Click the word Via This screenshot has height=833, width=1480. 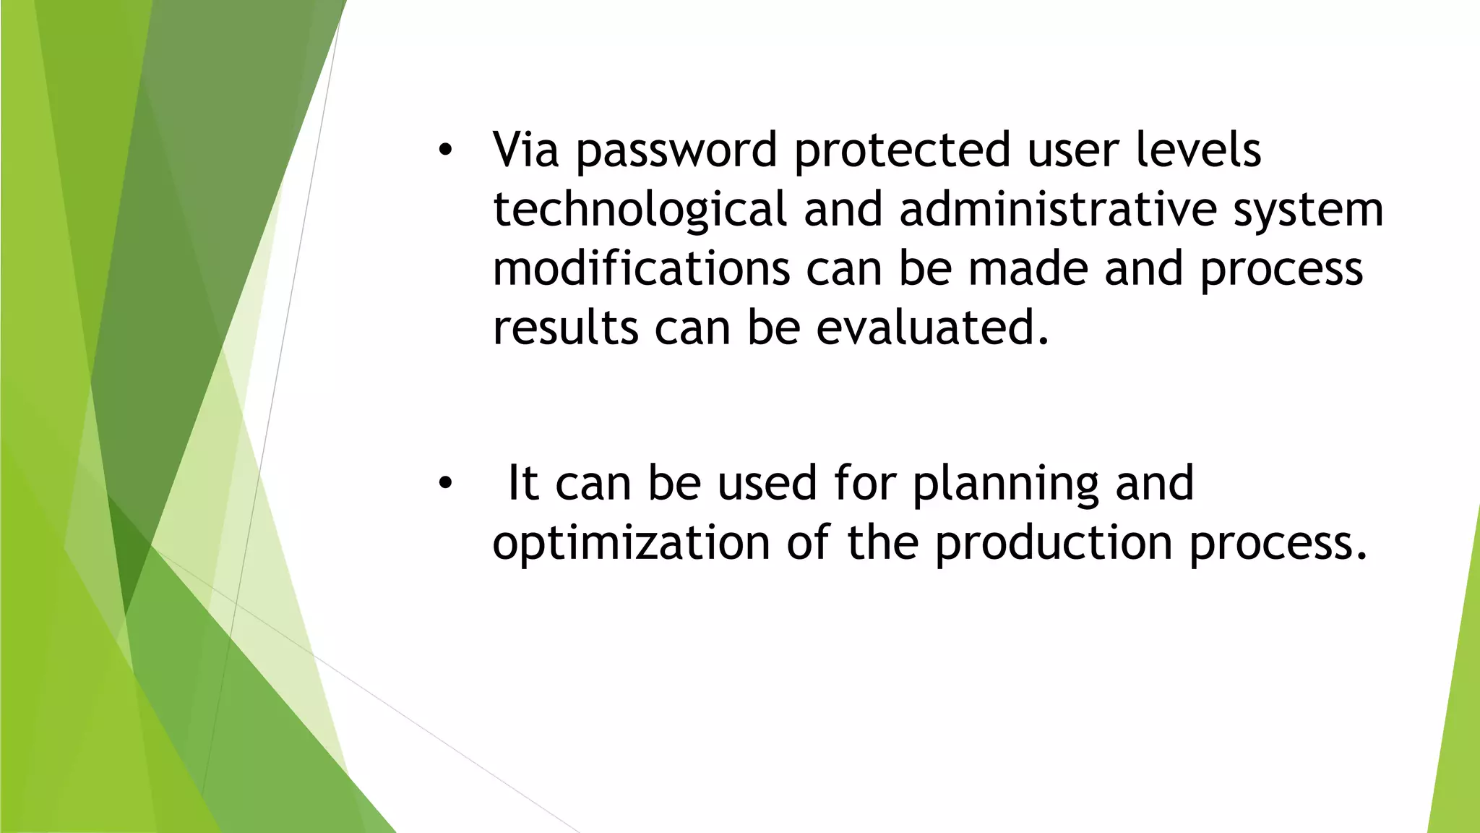click(x=525, y=150)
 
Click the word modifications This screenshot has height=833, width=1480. click(x=641, y=268)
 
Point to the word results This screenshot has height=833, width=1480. click(x=565, y=328)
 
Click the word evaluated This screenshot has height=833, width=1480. click(x=932, y=328)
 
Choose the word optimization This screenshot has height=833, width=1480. click(x=631, y=544)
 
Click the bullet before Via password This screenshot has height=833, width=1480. click(x=444, y=151)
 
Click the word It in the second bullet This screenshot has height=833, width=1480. click(x=522, y=483)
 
